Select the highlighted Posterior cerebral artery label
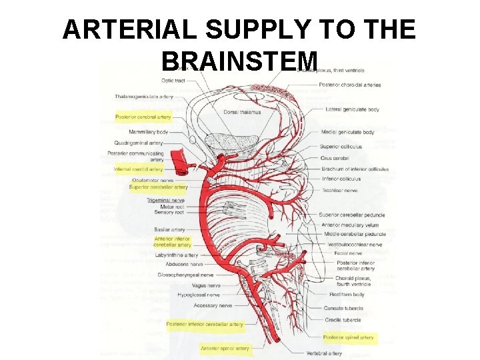pyautogui.click(x=143, y=117)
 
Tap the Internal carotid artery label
pyautogui.click(x=138, y=169)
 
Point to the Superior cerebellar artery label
pyautogui.click(x=158, y=187)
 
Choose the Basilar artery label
pyautogui.click(x=169, y=229)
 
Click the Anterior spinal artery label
pyautogui.click(x=225, y=348)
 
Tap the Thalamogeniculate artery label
pyautogui.click(x=143, y=97)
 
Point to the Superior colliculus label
pyautogui.click(x=341, y=147)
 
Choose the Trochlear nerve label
pyautogui.click(x=339, y=190)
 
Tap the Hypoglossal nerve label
pyautogui.click(x=199, y=294)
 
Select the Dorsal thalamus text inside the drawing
pyautogui.click(x=242, y=112)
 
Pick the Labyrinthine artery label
pyautogui.click(x=177, y=255)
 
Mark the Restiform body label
pyautogui.click(x=347, y=294)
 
